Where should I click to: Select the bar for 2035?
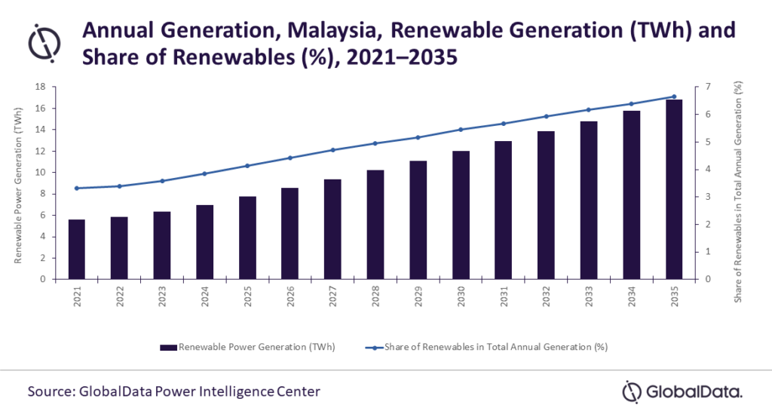click(x=675, y=189)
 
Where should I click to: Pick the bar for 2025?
click(x=247, y=238)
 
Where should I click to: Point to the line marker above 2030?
click(x=461, y=130)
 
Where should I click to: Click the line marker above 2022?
click(x=119, y=186)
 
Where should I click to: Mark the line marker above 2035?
click(x=675, y=97)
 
